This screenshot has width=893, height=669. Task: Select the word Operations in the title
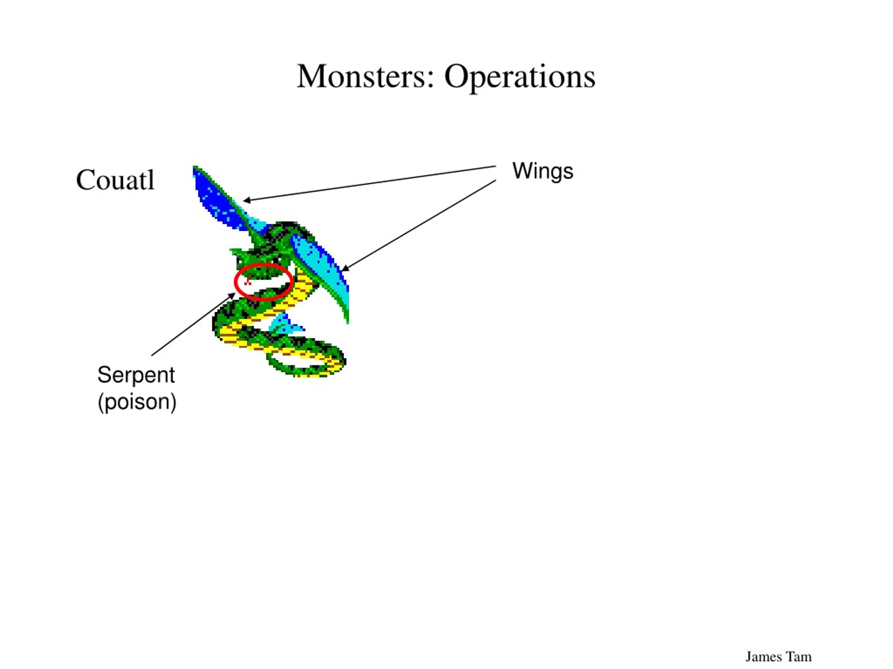519,78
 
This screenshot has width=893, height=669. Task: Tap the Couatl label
115,180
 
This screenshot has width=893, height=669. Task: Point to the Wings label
542,172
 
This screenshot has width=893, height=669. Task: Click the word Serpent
136,375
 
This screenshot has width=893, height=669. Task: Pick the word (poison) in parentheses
137,402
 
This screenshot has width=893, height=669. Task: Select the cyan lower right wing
323,270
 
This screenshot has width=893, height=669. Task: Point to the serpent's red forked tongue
247,282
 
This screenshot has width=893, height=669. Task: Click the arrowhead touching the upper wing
247,200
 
